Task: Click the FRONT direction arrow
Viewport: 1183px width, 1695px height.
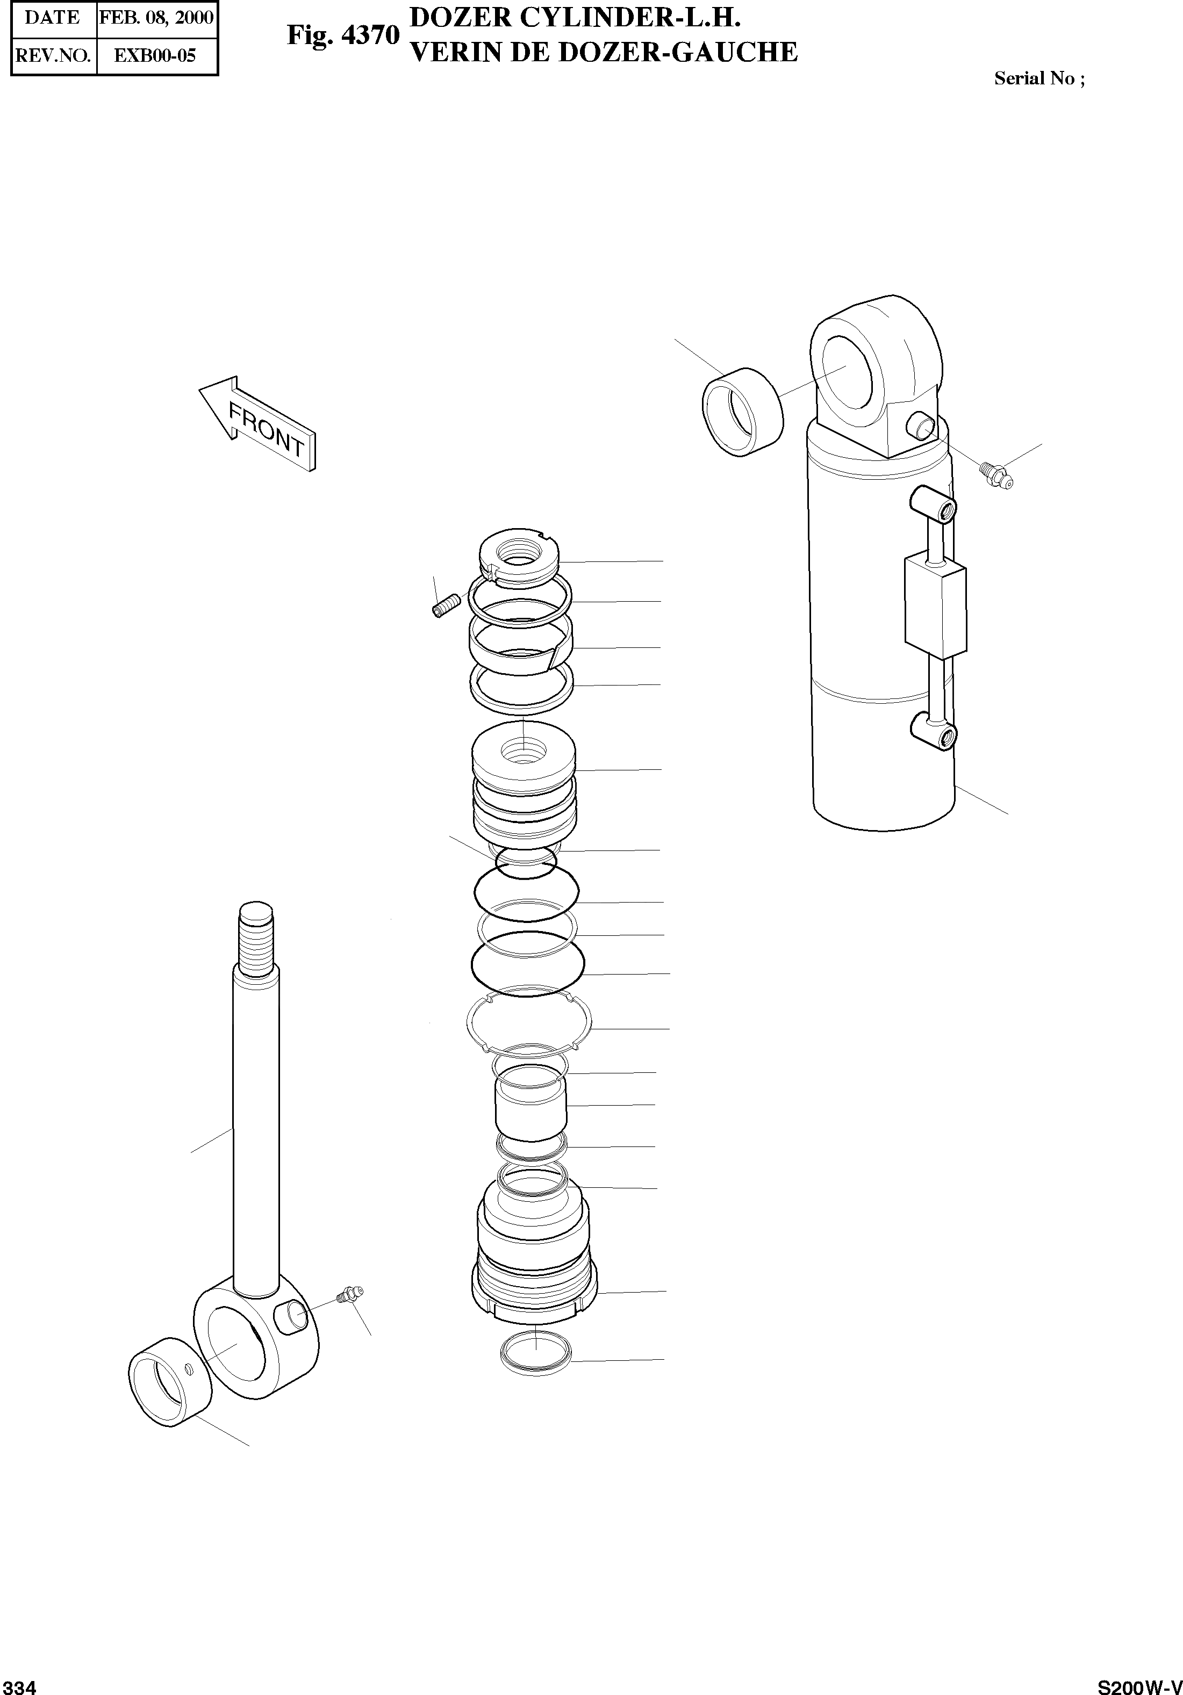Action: pyautogui.click(x=259, y=422)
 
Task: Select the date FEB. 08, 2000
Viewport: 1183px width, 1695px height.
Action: pyautogui.click(x=156, y=18)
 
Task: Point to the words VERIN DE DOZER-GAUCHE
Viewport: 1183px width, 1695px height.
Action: pyautogui.click(x=603, y=53)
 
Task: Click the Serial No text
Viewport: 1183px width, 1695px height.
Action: pyautogui.click(x=1039, y=79)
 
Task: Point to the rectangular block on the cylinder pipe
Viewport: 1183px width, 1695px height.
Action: pyautogui.click(x=935, y=608)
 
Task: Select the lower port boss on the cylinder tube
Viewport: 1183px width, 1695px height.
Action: pyautogui.click(x=934, y=731)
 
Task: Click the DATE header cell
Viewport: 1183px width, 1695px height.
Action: pyautogui.click(x=53, y=18)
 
